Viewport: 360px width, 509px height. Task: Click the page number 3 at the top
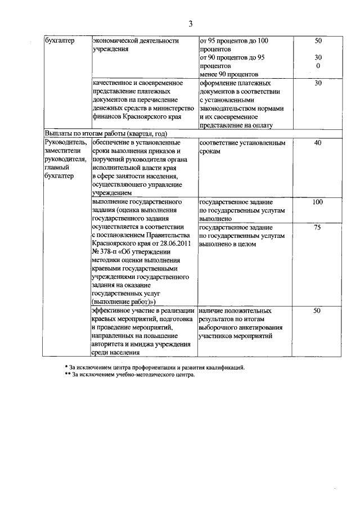tap(190, 24)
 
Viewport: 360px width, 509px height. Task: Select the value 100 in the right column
tap(317, 202)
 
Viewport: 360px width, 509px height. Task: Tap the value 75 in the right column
tap(317, 227)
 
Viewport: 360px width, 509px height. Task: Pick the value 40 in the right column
tap(317, 143)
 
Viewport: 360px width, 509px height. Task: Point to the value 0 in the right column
tap(318, 66)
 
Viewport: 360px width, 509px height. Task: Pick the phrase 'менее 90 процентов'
tap(228, 74)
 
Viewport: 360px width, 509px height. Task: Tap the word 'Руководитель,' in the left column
tap(66, 143)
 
